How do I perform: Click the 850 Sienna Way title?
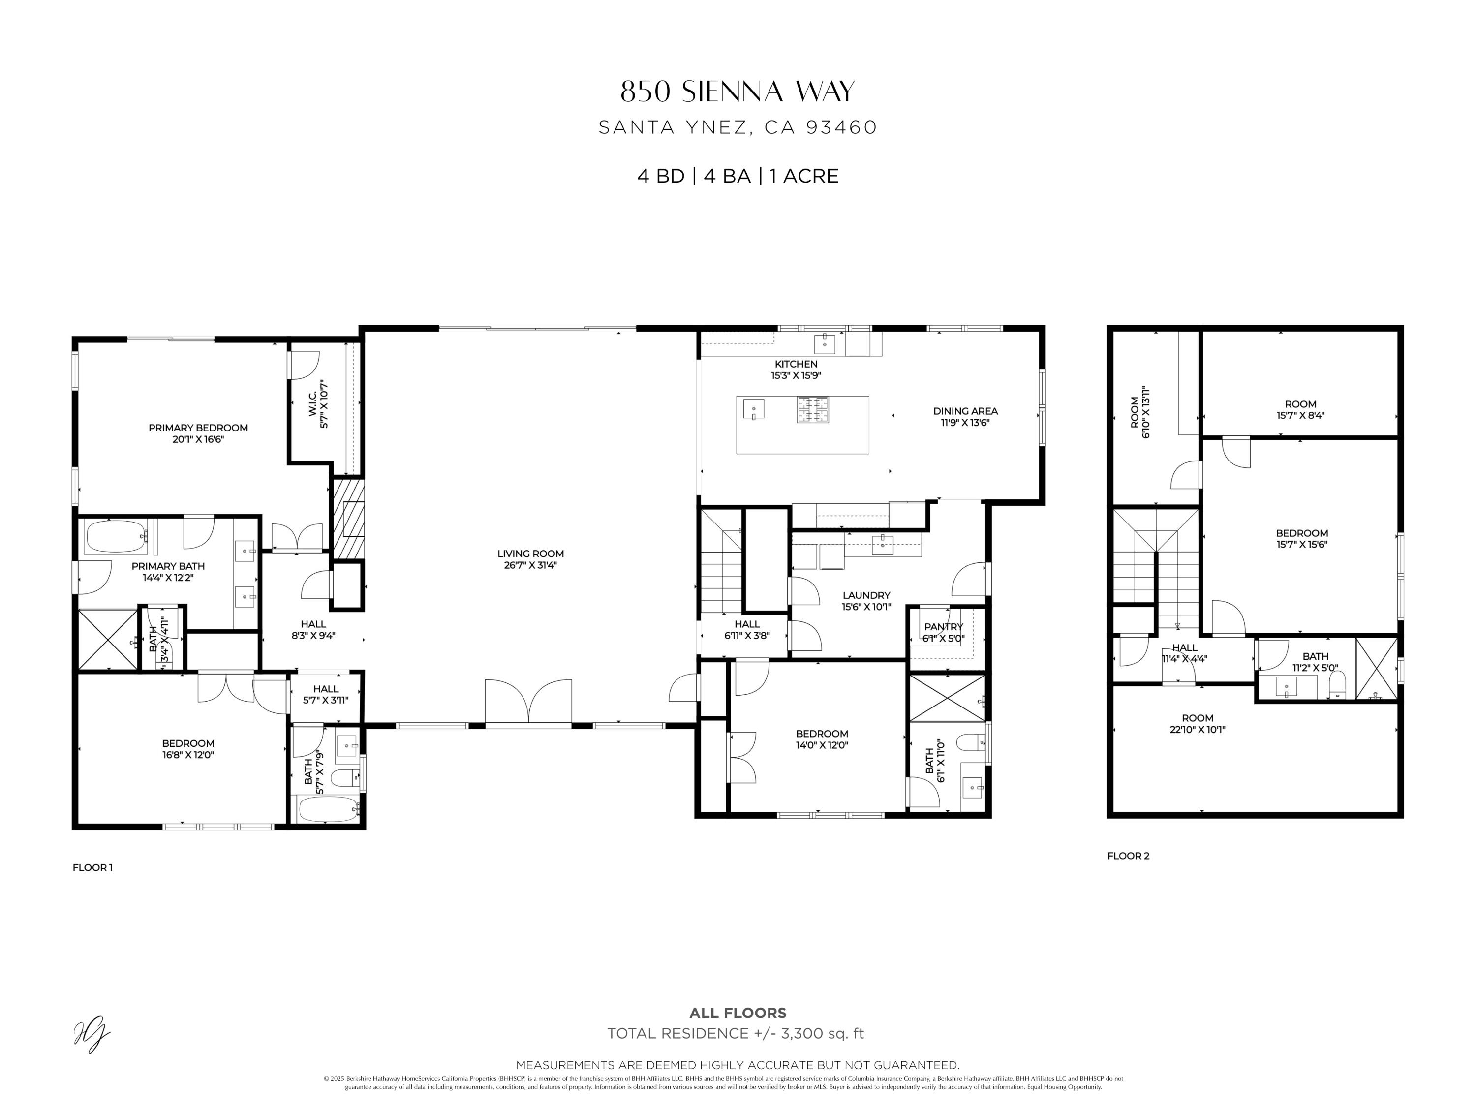tap(738, 92)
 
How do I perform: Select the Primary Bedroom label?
tap(198, 428)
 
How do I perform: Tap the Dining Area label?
tap(965, 411)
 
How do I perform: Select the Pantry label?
tap(944, 627)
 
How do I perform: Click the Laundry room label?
tap(866, 595)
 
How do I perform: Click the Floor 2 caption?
tap(1128, 856)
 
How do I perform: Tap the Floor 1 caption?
tap(93, 867)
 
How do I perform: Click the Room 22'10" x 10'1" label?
tap(1197, 723)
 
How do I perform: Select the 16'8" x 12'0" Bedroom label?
tap(188, 749)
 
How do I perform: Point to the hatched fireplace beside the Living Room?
tap(349, 519)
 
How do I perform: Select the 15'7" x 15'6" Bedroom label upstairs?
tap(1301, 538)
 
